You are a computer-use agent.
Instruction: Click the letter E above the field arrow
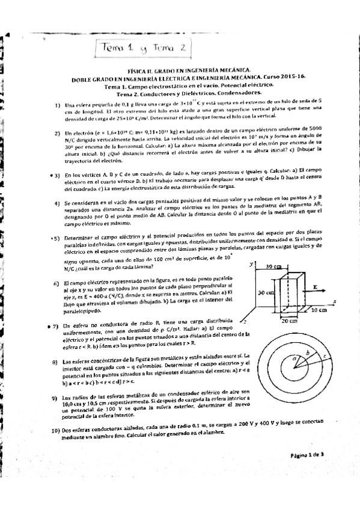click(x=316, y=288)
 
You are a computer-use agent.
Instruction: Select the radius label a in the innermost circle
click(x=294, y=358)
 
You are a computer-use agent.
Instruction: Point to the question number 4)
click(x=56, y=204)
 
